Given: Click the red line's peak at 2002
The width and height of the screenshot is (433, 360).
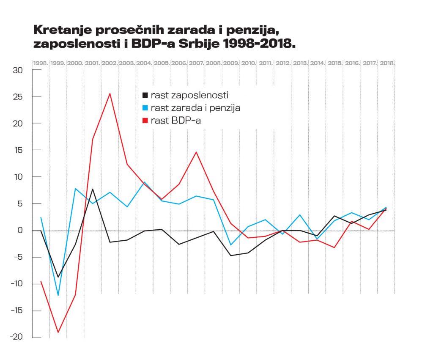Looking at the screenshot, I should point(110,93).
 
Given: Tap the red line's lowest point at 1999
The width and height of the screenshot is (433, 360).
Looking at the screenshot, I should point(58,332).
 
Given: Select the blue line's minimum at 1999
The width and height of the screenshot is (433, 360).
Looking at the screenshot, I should point(58,295).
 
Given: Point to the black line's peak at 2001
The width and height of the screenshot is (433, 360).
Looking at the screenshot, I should point(93,189).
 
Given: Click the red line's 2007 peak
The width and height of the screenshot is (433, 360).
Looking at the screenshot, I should point(196,152).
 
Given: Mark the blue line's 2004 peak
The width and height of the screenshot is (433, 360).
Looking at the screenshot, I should point(145,182).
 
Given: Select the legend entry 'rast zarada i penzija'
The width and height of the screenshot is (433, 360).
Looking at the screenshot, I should point(195,108).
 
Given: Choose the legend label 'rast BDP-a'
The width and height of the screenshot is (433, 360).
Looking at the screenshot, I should point(178,121).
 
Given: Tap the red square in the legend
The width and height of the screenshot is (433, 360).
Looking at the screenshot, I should point(145,121).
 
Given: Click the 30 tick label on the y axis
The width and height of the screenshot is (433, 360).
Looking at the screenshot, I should point(17,70).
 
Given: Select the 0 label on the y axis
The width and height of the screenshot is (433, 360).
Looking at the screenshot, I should point(19,231).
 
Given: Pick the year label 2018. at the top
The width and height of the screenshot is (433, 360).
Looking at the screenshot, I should point(387,63).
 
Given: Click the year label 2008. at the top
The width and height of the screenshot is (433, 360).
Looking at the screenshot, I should point(214,63).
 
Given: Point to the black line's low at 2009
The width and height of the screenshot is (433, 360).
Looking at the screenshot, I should point(231,256).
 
